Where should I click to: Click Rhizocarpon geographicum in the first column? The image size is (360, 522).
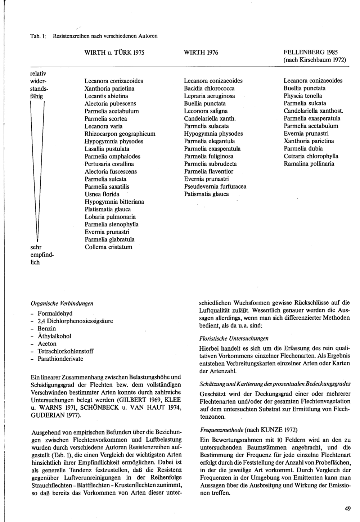coord(120,134)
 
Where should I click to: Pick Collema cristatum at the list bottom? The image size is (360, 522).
coord(108,247)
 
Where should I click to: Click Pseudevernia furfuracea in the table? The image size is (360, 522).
coord(215,186)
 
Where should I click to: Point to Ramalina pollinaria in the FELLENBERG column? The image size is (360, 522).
coord(309,164)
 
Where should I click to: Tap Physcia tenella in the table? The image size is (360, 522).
coord(303,96)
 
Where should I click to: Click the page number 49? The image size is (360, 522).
coord(347,509)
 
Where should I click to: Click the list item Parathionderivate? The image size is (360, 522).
coord(60,359)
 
